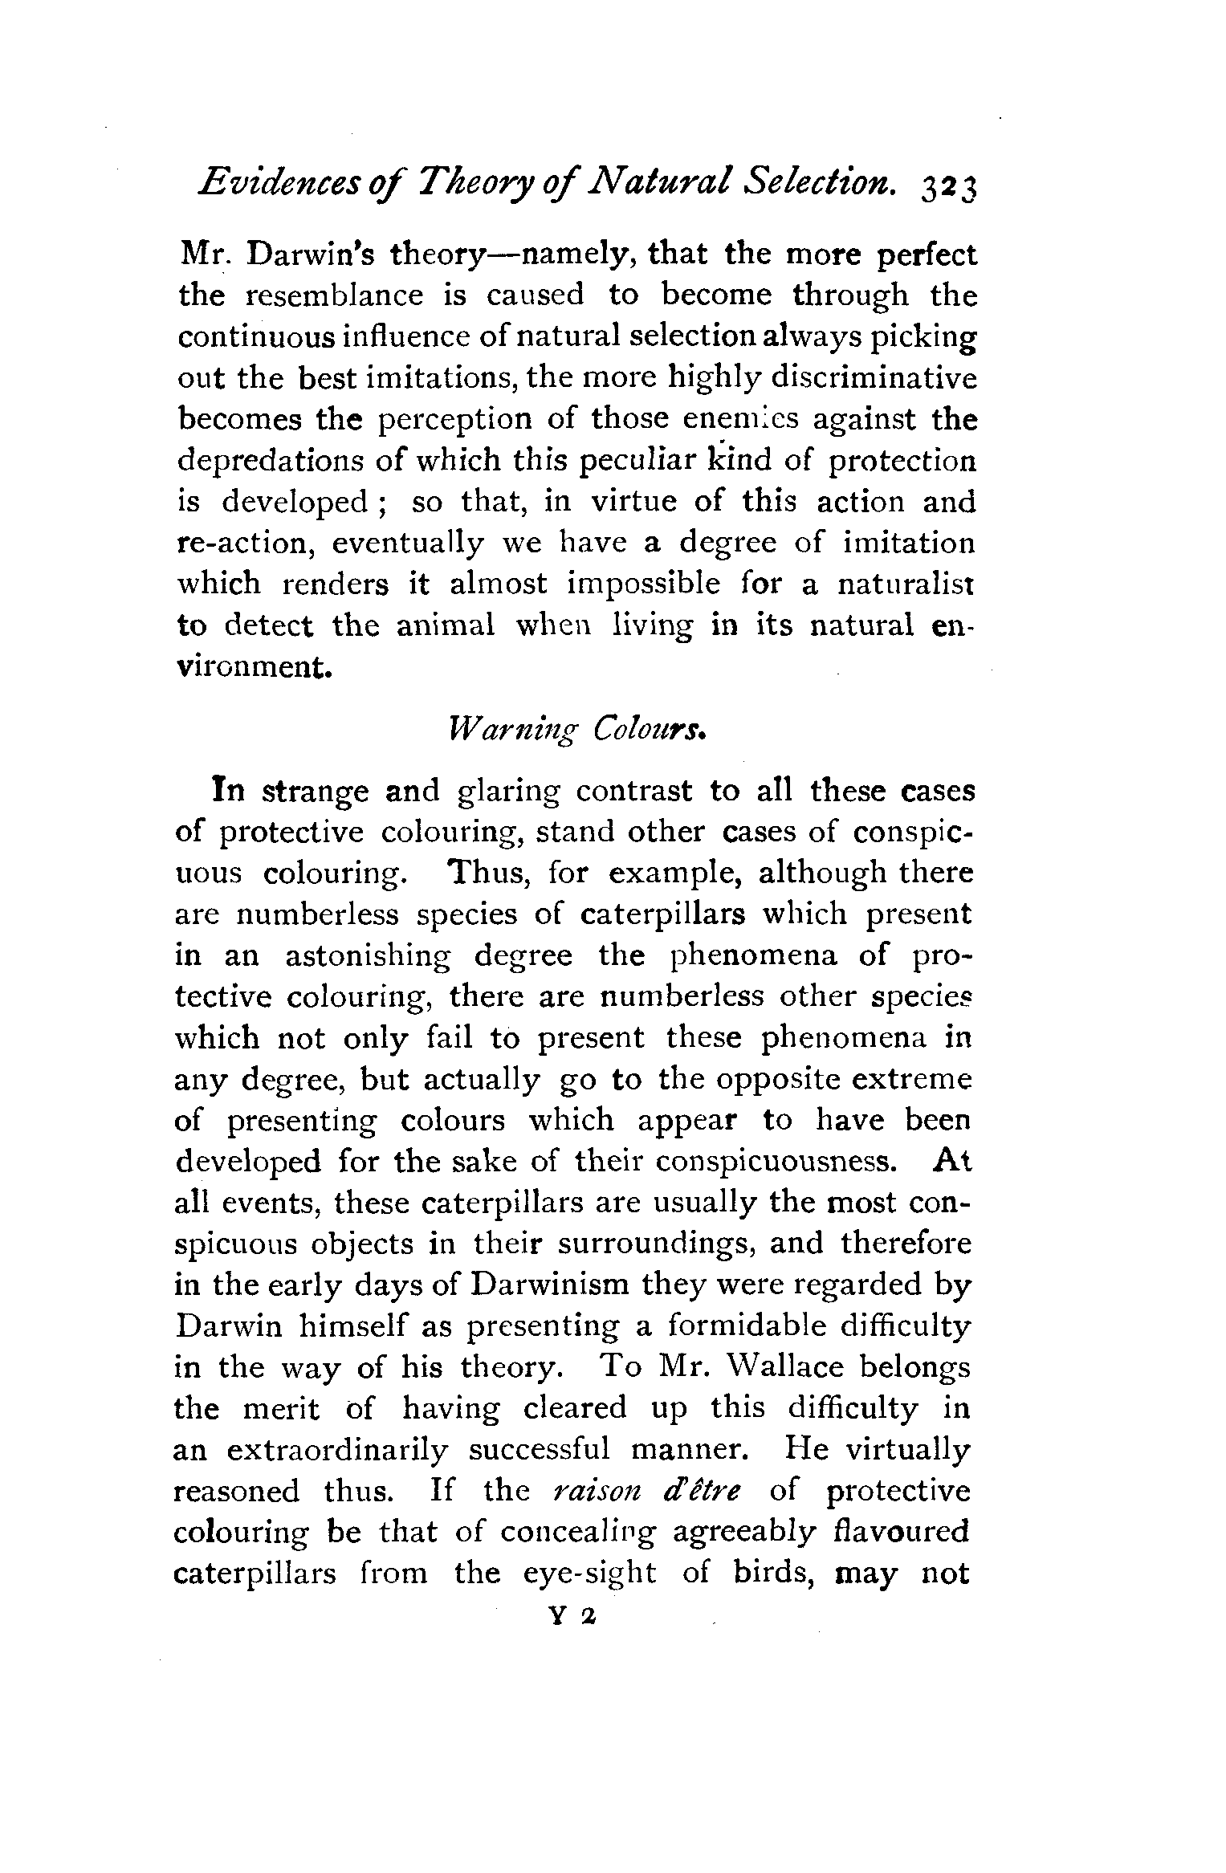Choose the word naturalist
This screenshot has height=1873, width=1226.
pyautogui.click(x=906, y=584)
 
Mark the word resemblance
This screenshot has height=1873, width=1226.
pyautogui.click(x=333, y=295)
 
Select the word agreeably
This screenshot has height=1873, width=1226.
pyautogui.click(x=743, y=1532)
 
